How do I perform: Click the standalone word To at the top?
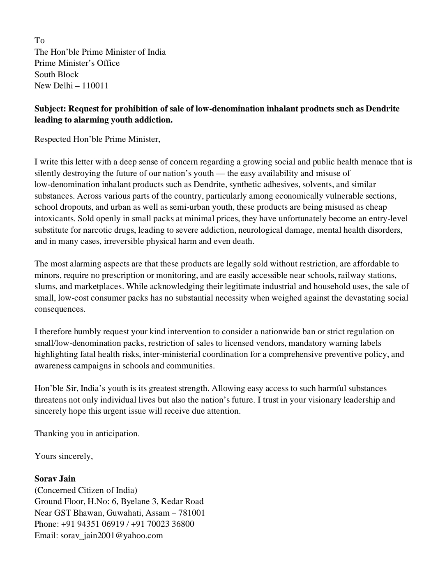pos(39,40)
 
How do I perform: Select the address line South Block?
pos(56,74)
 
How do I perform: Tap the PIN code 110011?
pos(95,86)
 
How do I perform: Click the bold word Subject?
pos(50,109)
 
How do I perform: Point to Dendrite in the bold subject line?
pos(383,109)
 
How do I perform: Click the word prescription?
pos(113,275)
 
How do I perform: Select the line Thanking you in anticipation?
pos(87,433)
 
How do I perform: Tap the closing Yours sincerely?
pos(64,456)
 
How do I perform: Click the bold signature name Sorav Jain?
pos(55,479)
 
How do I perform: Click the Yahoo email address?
pos(112,535)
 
